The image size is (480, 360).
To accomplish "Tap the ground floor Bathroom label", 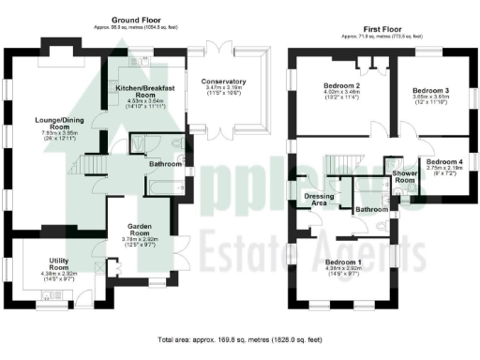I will (165, 164).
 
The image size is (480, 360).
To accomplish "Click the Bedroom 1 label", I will (342, 262).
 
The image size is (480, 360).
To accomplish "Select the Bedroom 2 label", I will (342, 86).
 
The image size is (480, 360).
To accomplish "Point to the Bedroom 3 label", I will (431, 91).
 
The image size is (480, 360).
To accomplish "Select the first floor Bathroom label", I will (372, 210).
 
